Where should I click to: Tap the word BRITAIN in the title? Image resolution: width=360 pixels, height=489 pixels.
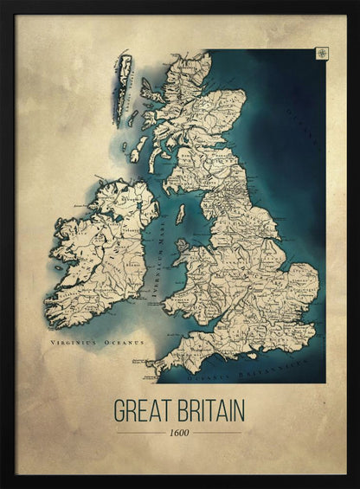(209, 409)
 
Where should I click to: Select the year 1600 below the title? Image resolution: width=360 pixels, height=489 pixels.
(178, 432)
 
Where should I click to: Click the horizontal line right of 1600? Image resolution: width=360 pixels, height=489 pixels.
(217, 432)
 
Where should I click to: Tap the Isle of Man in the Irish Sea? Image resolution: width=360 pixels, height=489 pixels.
(181, 214)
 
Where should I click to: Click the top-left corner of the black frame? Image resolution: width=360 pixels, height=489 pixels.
(3, 3)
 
